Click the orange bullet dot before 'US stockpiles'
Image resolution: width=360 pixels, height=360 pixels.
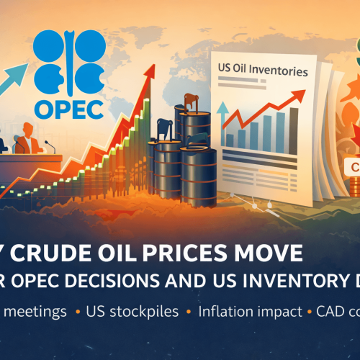77,313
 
